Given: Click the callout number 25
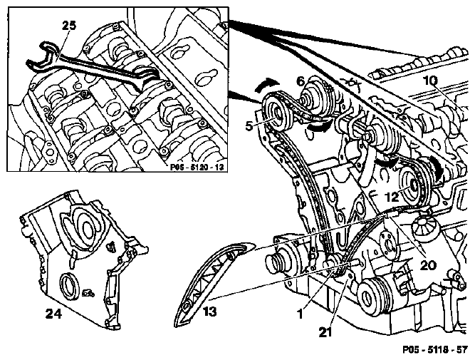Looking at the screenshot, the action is point(69,25).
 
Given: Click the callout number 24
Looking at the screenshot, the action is point(53,313).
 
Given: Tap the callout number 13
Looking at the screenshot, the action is point(210,312).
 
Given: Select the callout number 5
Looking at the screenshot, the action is point(249,126).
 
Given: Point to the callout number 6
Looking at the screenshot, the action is point(301,81).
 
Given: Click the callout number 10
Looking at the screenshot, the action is point(430,81).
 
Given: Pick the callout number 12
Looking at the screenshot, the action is point(392,197).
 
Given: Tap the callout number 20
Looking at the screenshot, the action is point(428,265).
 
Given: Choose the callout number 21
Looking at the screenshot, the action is point(325,332).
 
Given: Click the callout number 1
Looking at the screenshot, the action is point(300,314).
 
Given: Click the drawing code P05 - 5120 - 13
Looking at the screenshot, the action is point(199,167).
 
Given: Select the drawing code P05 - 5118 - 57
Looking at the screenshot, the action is point(434,350).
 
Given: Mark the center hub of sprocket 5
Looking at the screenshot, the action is point(276,115).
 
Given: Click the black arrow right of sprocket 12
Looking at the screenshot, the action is point(437,169).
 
